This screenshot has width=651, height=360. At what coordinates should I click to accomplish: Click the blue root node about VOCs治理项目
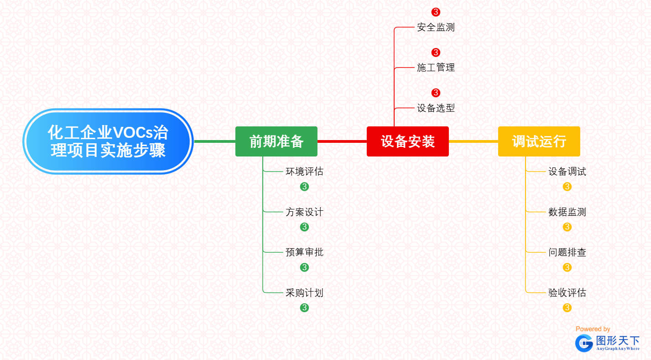coord(108,141)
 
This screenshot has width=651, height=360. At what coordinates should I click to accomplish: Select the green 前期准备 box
coord(276,141)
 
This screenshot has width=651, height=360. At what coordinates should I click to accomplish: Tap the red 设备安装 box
coord(408,141)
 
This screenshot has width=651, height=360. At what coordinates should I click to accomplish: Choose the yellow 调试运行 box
coord(539,141)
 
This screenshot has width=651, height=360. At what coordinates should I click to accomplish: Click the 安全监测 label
coord(436,27)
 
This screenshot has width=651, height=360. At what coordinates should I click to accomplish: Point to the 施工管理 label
coord(436,68)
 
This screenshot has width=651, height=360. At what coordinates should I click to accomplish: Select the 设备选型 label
coord(436,108)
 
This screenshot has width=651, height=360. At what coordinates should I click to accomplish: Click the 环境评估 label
coord(304,172)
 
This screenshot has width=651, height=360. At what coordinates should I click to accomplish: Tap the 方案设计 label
coord(304,212)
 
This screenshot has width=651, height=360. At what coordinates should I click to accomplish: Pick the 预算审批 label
coord(304,252)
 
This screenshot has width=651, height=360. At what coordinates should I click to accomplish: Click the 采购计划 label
coord(304,293)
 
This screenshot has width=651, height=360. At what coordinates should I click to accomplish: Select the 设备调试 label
coord(567,172)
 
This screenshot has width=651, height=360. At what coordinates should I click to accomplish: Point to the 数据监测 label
coord(567,212)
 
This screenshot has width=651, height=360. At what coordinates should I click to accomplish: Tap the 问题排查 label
coord(567,252)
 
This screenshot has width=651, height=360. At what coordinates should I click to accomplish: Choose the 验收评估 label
coord(567,293)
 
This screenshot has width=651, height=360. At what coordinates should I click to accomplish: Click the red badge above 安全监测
coord(436,12)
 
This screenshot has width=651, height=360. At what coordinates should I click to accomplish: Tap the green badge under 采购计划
coord(304,308)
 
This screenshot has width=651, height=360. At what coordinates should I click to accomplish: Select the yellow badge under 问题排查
coord(567,267)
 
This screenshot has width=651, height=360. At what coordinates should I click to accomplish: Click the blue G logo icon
coord(584,343)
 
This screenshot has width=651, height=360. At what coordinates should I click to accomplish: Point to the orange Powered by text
coord(593,329)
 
